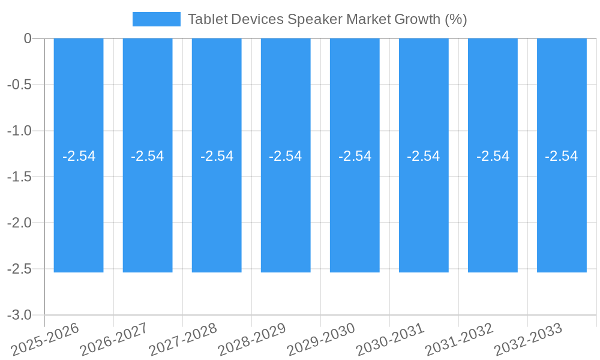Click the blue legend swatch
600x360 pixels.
click(156, 19)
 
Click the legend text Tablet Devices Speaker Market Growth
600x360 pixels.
click(327, 19)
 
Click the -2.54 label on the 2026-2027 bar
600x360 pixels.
click(148, 156)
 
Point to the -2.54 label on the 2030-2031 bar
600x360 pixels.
click(424, 156)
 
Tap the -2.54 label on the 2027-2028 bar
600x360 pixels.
click(217, 156)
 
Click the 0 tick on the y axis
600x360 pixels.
click(28, 38)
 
